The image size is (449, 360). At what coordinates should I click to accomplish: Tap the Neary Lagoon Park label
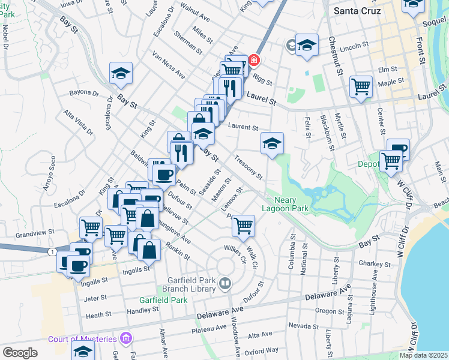pos(286,204)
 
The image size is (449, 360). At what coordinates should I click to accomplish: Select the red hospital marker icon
pos(254,60)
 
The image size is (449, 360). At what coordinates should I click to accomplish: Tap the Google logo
pos(20,353)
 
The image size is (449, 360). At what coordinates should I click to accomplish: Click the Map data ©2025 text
pos(423,355)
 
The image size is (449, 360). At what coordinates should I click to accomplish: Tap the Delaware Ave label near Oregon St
pos(327,295)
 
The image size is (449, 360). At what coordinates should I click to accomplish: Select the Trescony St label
pos(249,169)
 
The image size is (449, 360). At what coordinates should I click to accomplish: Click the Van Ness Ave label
pos(169,66)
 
